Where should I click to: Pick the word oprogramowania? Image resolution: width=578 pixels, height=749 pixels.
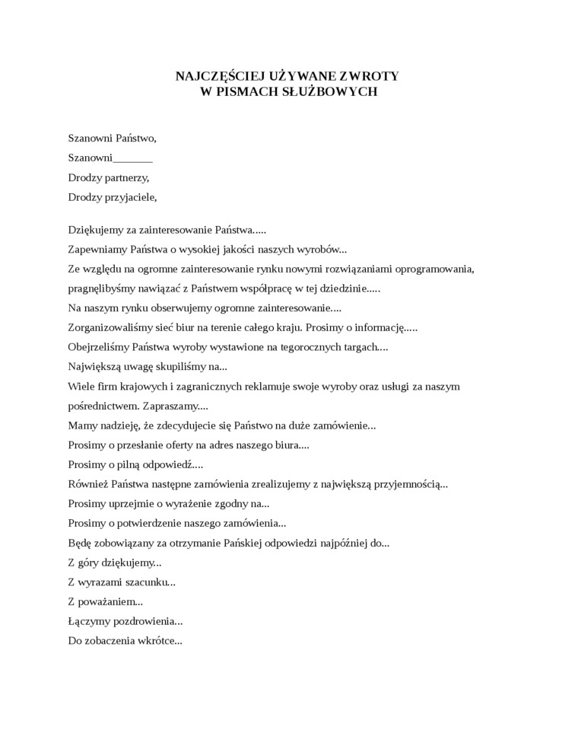[439, 269]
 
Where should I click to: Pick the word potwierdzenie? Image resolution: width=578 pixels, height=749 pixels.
[157, 523]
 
